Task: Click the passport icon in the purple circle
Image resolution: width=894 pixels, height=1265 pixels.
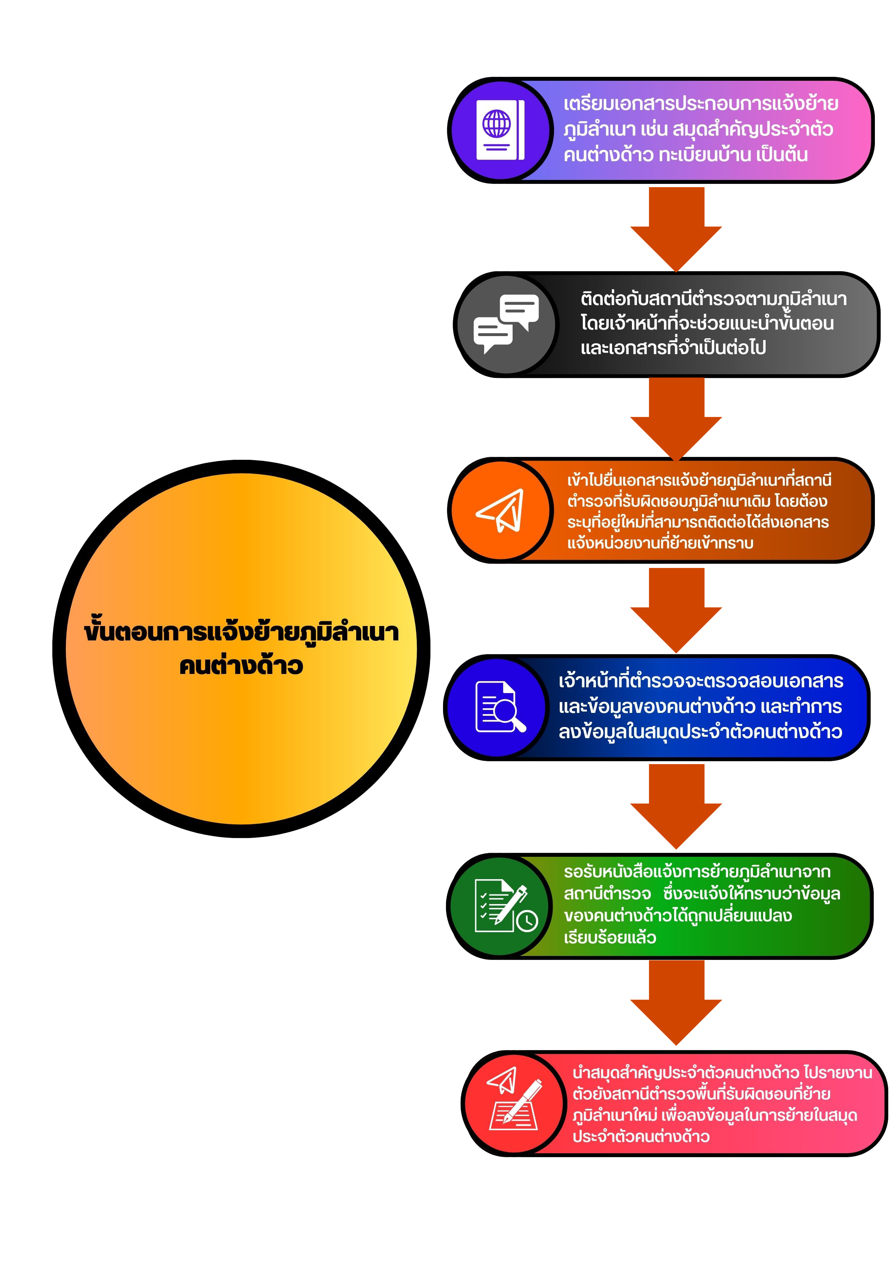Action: coord(500,130)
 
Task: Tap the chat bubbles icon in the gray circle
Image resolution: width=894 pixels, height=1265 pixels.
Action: coord(506,323)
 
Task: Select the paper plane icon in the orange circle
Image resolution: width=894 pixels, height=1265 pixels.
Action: coord(500,510)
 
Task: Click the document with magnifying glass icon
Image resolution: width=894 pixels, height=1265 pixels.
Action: coord(500,707)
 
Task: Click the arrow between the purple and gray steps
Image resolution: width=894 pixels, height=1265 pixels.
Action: coord(676,229)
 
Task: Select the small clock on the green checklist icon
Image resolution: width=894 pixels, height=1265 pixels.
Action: coord(527,921)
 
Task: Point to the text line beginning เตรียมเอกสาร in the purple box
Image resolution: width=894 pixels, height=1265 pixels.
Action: coord(701,103)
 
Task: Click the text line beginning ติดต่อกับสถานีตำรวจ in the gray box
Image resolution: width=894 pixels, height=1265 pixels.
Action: coord(713,298)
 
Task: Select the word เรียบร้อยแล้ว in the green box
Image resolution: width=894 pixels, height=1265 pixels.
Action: coord(610,937)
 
